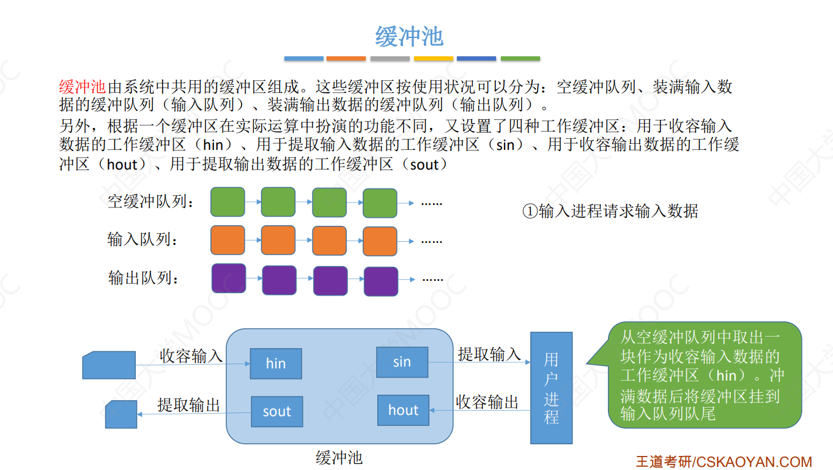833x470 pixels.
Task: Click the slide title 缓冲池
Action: click(x=409, y=36)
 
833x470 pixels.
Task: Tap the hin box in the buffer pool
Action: click(x=276, y=364)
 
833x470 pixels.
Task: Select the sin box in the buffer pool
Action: click(x=402, y=362)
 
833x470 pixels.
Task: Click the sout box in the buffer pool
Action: click(x=276, y=412)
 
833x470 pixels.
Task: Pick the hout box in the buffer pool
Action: click(x=403, y=411)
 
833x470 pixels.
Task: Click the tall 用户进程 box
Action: click(x=551, y=388)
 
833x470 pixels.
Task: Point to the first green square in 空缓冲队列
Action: click(x=228, y=202)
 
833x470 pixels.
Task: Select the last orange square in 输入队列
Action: click(x=380, y=241)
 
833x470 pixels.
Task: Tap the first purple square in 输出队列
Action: click(x=229, y=278)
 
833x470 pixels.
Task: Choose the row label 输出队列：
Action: click(x=144, y=278)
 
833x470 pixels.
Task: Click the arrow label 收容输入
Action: click(x=191, y=356)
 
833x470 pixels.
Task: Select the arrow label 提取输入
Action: click(x=489, y=354)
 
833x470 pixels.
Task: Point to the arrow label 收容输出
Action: click(x=487, y=402)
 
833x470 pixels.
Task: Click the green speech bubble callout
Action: click(x=703, y=375)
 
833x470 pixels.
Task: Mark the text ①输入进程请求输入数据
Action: click(x=610, y=211)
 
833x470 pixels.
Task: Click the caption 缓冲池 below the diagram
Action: click(x=339, y=457)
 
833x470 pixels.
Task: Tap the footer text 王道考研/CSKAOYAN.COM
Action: click(x=724, y=461)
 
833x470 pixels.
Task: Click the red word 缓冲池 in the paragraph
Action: click(x=83, y=87)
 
